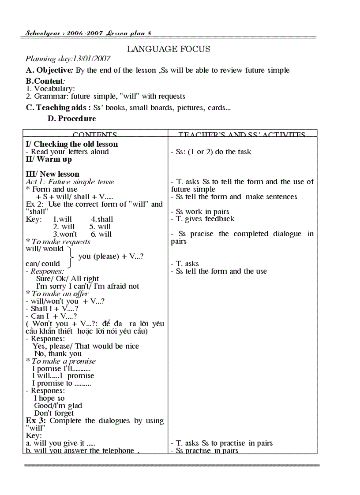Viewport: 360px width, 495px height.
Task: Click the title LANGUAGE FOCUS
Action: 169,49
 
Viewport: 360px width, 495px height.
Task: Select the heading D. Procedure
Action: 71,119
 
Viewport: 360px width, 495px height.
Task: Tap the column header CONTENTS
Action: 95,135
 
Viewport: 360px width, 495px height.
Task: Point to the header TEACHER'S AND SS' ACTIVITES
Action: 242,135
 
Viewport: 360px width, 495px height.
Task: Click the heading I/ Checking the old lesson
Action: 71,144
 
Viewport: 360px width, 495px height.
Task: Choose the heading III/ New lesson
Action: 52,174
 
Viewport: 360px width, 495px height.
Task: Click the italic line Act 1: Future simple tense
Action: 70,182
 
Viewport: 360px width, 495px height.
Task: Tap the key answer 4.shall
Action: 102,219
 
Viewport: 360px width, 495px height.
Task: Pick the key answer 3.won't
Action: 65,234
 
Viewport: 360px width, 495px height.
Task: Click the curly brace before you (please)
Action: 71,256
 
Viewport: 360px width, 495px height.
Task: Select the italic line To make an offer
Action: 60,294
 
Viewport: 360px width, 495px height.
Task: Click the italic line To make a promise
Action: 64,361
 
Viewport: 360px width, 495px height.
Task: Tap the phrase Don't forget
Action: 54,413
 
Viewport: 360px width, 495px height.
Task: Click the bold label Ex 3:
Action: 36,421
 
